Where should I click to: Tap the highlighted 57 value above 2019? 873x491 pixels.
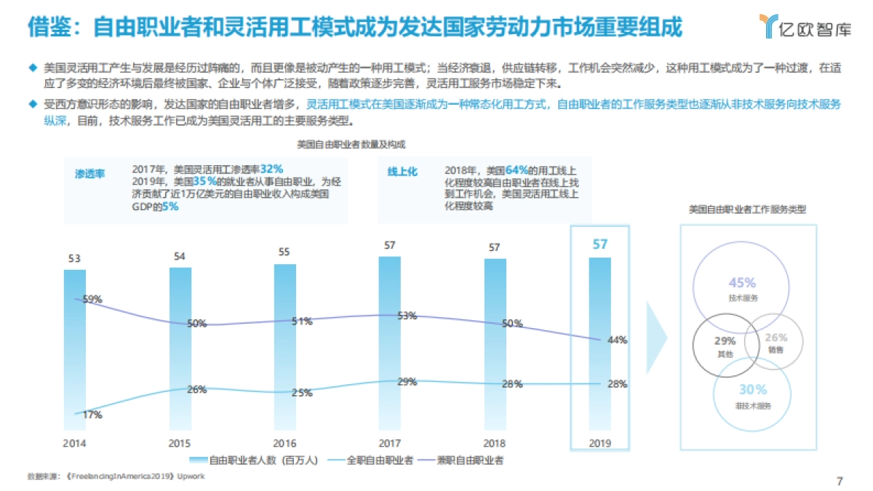pyautogui.click(x=600, y=244)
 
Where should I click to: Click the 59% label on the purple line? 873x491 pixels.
pyautogui.click(x=92, y=299)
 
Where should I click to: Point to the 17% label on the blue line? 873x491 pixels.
pyautogui.click(x=92, y=415)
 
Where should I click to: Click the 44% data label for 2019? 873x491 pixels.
pyautogui.click(x=618, y=340)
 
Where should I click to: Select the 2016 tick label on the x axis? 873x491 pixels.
pyautogui.click(x=284, y=442)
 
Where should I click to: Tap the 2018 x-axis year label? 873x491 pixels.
pyautogui.click(x=495, y=442)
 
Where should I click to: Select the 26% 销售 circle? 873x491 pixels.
pyautogui.click(x=776, y=342)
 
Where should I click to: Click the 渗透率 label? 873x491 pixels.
pyautogui.click(x=90, y=174)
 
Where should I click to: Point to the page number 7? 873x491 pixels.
pyautogui.click(x=840, y=481)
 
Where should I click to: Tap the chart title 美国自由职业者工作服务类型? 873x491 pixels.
pyautogui.click(x=747, y=209)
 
